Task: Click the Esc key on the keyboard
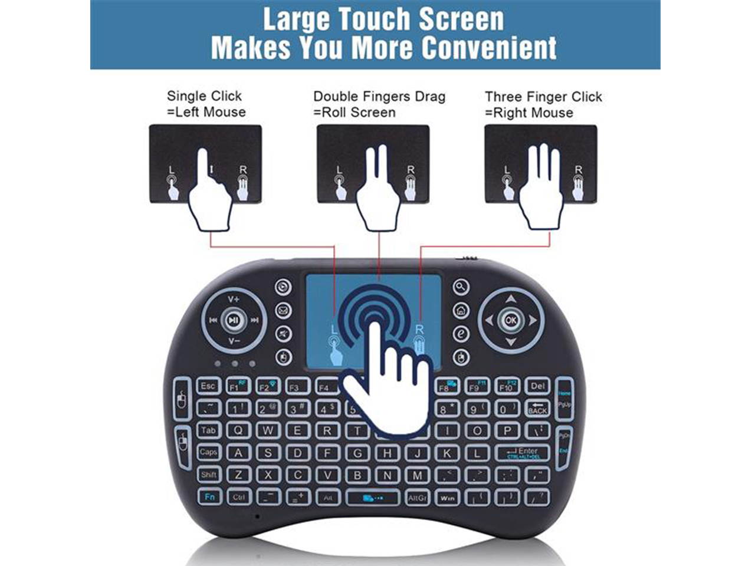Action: (208, 386)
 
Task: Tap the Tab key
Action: (208, 430)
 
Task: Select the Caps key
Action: (208, 452)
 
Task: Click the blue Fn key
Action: (209, 496)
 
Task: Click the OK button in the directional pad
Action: (510, 321)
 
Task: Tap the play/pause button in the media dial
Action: (234, 321)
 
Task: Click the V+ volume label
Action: (234, 299)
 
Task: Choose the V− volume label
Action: (234, 341)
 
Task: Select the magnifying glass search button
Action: (461, 287)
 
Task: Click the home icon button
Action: (461, 310)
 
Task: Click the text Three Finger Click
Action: (543, 97)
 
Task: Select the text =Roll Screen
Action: (354, 112)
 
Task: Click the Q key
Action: (238, 430)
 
